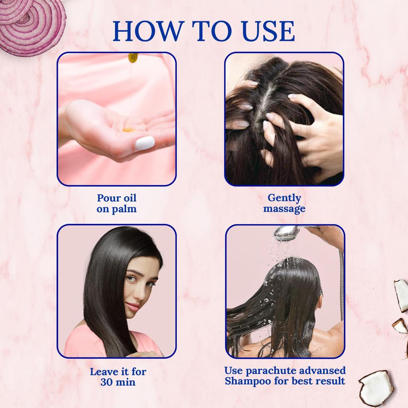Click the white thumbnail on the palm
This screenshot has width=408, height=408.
pyautogui.click(x=145, y=143)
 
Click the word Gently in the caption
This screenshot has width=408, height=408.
pyautogui.click(x=284, y=198)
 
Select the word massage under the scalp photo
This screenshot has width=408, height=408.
pyautogui.click(x=284, y=208)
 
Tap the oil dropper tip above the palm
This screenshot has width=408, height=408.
pyautogui.click(x=133, y=58)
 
